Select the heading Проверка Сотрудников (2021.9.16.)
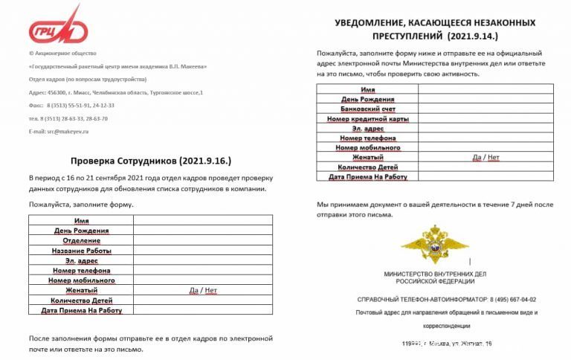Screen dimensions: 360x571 (152, 160)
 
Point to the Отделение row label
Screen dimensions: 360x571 (81, 241)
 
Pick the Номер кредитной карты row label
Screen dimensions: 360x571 (367, 118)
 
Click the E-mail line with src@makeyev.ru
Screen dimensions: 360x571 (58, 131)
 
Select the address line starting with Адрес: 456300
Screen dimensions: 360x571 (115, 92)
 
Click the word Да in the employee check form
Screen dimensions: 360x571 (194, 290)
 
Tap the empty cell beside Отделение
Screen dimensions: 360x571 (202, 241)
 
